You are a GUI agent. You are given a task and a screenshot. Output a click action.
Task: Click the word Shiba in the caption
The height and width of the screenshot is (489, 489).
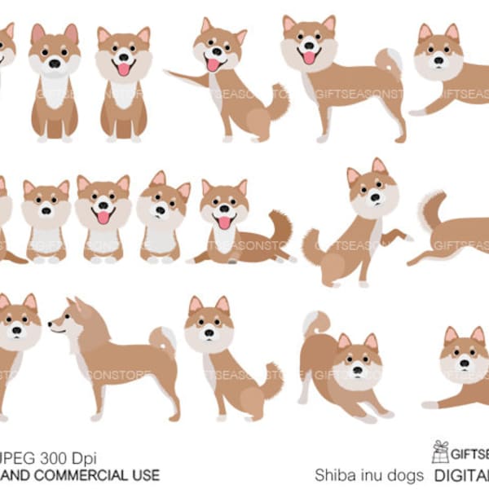(333, 475)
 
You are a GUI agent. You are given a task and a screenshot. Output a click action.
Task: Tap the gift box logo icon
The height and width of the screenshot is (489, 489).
(441, 452)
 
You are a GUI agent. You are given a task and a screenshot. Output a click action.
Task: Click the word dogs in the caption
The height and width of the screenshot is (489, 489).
(404, 475)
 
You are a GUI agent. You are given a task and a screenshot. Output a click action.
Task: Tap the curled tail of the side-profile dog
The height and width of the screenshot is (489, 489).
(163, 337)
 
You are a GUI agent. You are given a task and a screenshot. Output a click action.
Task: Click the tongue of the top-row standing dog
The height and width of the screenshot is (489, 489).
(309, 57)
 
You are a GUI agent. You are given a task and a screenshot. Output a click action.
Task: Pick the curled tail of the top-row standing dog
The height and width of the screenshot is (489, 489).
(390, 60)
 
